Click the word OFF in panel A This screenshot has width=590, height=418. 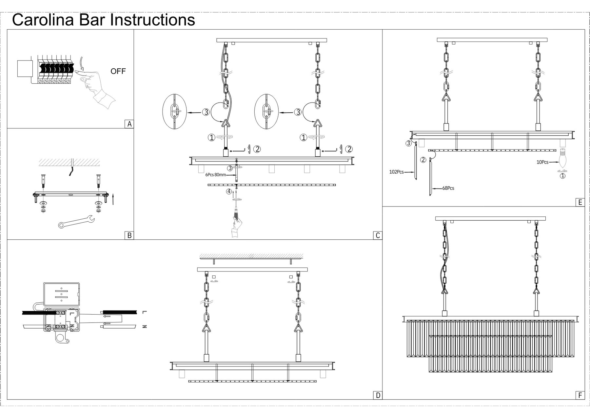(x=118, y=71)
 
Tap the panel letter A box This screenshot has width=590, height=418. (x=129, y=124)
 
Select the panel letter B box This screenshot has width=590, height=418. (x=129, y=235)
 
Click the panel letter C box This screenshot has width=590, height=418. (x=378, y=235)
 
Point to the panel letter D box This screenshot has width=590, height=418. (x=378, y=395)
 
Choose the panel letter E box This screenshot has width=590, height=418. (x=580, y=202)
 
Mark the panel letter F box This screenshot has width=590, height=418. (x=580, y=395)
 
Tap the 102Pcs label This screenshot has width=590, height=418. (x=396, y=172)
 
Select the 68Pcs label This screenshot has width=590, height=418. (x=448, y=188)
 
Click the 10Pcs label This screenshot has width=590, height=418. (x=542, y=162)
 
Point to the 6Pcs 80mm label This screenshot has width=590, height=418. (x=215, y=175)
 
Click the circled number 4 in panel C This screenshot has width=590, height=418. (x=229, y=192)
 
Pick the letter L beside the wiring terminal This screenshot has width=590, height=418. (x=145, y=312)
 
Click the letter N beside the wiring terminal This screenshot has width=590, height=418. (x=145, y=326)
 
